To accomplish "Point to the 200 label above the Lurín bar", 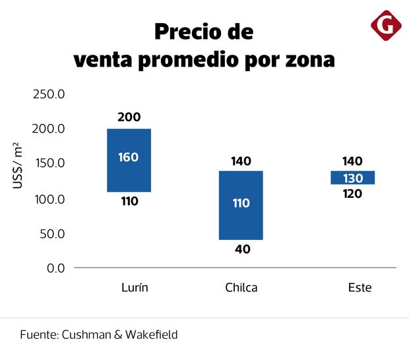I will pos(129,117).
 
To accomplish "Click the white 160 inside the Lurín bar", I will pos(129,158).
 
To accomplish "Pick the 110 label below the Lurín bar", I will pos(129,202).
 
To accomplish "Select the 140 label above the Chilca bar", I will pos(241,161).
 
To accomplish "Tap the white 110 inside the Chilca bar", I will pos(241,203).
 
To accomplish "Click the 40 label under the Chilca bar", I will pos(241,249).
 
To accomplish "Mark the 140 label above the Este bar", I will pos(353,161).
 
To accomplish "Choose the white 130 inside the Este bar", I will pos(353,178).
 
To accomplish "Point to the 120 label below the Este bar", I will pos(353,194).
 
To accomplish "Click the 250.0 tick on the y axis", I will pos(49,94).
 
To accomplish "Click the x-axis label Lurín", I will pos(135,288).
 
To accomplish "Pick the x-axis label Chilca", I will pos(241,288).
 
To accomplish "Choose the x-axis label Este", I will pos(360,288).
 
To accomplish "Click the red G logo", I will pos(386,26).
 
